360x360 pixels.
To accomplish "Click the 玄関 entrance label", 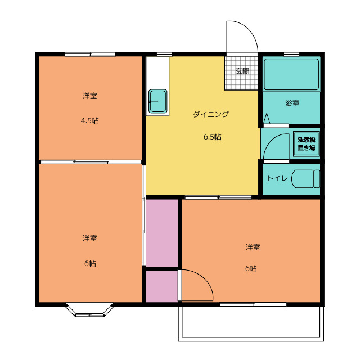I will click(x=242, y=71).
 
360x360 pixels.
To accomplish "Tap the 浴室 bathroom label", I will click(x=292, y=103).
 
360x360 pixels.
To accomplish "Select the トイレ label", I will click(x=277, y=178).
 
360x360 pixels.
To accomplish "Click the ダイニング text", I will click(x=211, y=114).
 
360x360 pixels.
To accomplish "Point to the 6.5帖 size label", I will click(x=212, y=137).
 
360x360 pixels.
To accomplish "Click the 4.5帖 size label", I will click(x=90, y=120).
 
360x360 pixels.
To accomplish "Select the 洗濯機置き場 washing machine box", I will click(x=307, y=144).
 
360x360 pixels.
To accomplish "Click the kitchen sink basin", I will click(x=157, y=101).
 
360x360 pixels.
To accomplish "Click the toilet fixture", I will click(x=307, y=178).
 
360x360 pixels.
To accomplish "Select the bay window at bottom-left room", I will click(x=90, y=310).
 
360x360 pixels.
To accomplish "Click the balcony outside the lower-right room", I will click(x=251, y=323).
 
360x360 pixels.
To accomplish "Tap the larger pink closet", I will click(x=162, y=232).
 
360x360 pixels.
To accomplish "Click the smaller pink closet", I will click(x=162, y=286).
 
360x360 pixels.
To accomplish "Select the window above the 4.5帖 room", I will click(x=90, y=54).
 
